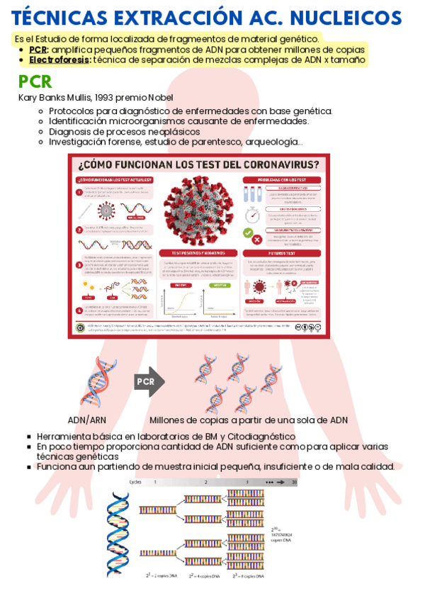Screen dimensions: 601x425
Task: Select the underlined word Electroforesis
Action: click(x=59, y=60)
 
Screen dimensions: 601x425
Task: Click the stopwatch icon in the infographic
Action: click(x=251, y=215)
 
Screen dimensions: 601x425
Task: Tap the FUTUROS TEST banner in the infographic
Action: click(x=282, y=252)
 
